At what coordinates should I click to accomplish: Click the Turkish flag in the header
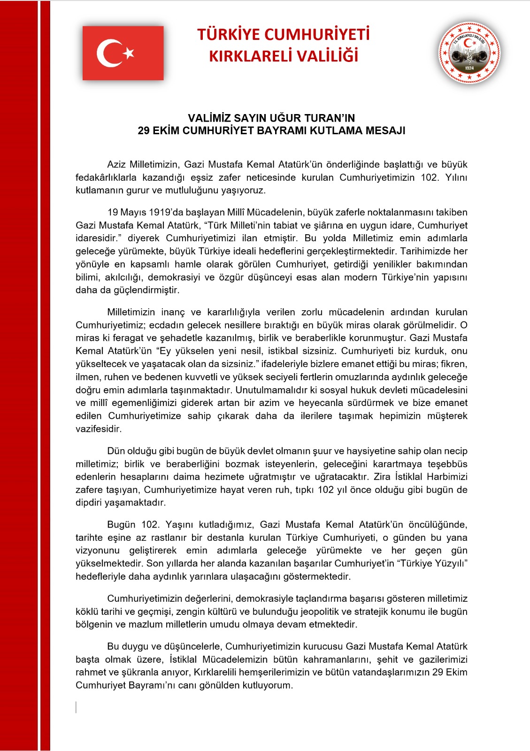click(x=123, y=53)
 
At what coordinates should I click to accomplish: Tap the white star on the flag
click(x=129, y=53)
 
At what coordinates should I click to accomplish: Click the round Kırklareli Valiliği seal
click(x=469, y=53)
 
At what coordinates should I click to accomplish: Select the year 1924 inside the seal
click(x=469, y=69)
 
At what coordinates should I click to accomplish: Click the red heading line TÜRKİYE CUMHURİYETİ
click(x=283, y=35)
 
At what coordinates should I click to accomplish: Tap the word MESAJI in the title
click(x=385, y=130)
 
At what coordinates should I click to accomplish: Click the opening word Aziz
click(x=116, y=165)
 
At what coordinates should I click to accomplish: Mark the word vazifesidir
click(x=99, y=429)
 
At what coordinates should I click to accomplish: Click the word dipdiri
click(x=88, y=502)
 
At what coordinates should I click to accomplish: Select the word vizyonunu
click(x=98, y=550)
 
